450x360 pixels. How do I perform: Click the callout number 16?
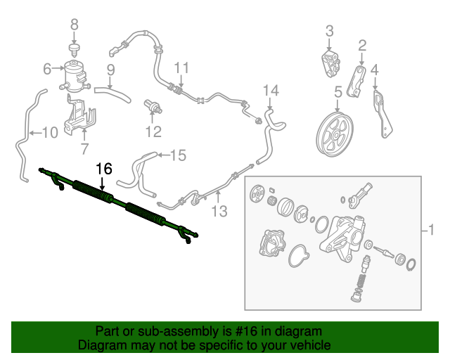103,169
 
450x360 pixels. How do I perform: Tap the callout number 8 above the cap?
75,25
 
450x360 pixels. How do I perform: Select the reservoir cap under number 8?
75,50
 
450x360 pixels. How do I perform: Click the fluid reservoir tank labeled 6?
75,76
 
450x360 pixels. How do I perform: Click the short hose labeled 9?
112,94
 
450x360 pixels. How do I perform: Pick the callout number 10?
50,133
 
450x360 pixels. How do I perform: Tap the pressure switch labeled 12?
153,106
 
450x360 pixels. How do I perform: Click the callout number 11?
181,69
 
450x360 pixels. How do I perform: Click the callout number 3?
330,31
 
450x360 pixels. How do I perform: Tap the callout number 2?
362,46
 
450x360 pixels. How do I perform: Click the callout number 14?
271,91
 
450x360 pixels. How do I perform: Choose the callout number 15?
178,155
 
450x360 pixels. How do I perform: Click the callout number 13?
219,212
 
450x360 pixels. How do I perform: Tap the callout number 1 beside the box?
431,230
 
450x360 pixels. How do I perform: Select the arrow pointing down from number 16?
103,183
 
